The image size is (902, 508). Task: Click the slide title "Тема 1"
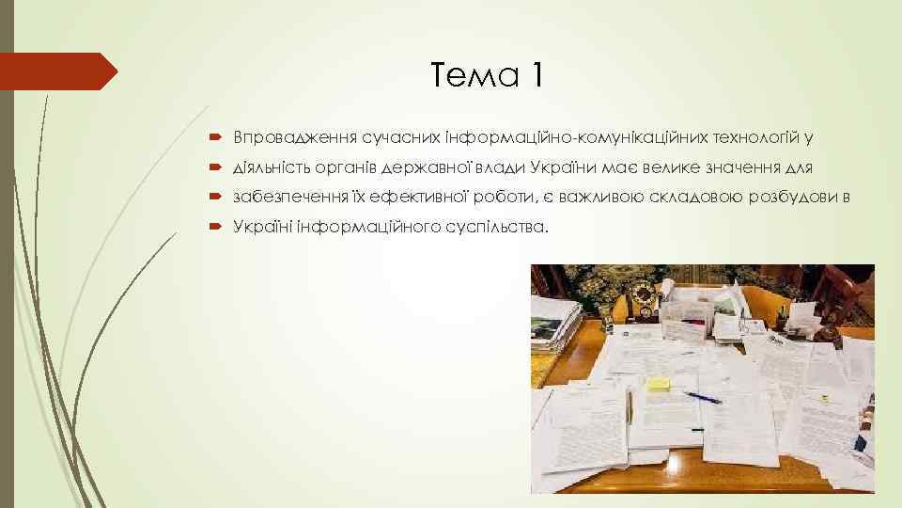(x=485, y=74)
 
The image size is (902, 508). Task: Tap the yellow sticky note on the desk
(x=659, y=384)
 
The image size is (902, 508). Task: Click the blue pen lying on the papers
(x=702, y=397)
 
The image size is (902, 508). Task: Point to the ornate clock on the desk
(x=645, y=299)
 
